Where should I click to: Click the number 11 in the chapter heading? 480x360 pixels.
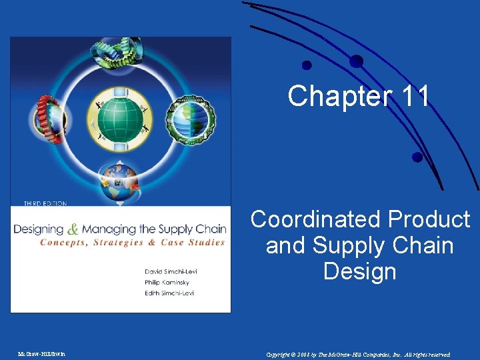pyautogui.click(x=416, y=97)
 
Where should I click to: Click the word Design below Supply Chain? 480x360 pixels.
pyautogui.click(x=360, y=271)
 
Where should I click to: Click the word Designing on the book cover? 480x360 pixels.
pyautogui.click(x=39, y=229)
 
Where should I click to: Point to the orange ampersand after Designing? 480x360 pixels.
pyautogui.click(x=74, y=227)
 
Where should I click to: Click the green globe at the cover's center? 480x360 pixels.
pyautogui.click(x=120, y=119)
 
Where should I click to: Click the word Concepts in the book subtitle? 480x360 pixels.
pyautogui.click(x=64, y=243)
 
